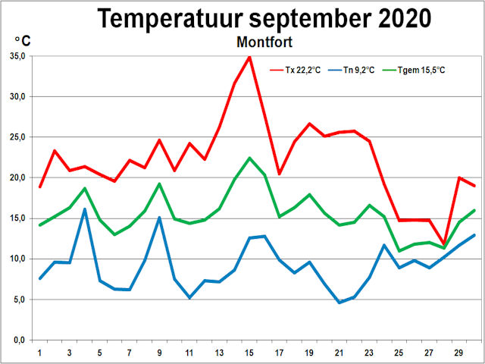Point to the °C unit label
pos(23,40)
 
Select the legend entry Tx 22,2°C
pos(302,70)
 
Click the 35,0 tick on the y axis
pos(17,56)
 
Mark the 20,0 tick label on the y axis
pos(17,177)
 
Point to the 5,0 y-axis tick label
pos(20,300)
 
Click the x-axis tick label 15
pos(249,353)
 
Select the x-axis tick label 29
pos(458,353)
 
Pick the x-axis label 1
pos(40,353)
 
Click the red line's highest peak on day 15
pos(249,57)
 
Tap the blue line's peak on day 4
pos(85,209)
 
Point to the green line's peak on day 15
pos(249,158)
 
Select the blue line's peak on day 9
pos(159,218)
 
